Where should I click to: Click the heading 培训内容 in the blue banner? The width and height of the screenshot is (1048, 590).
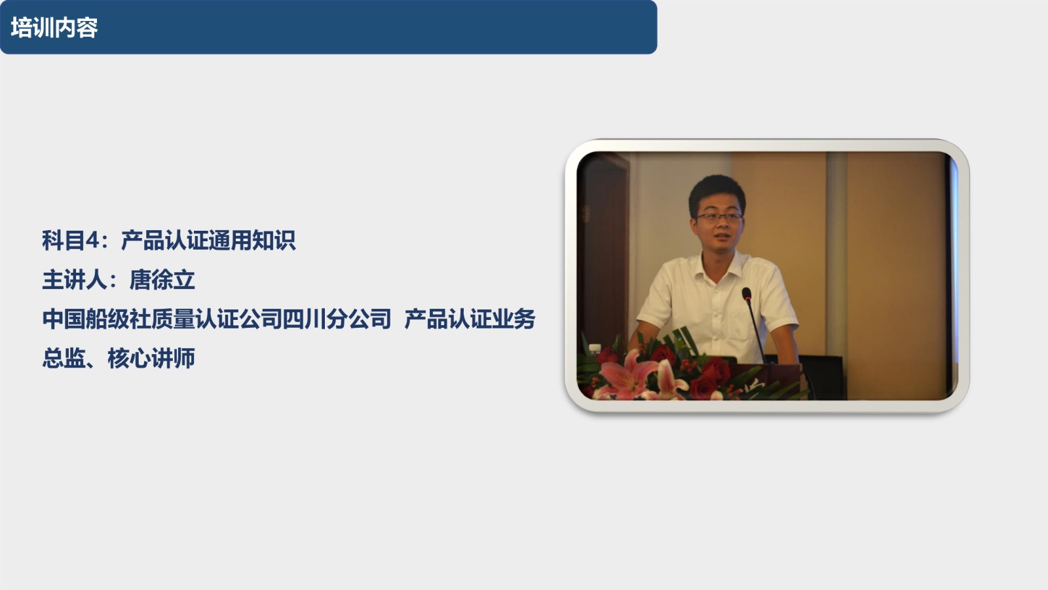point(54,28)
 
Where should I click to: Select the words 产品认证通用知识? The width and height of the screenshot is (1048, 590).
point(208,241)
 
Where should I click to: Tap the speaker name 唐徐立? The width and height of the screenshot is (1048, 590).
point(162,280)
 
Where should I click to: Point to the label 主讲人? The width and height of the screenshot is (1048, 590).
point(75,280)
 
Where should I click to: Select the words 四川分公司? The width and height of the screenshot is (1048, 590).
point(337,319)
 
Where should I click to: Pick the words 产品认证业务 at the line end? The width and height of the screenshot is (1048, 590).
point(470,319)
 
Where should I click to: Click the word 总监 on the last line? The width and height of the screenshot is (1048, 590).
point(64,359)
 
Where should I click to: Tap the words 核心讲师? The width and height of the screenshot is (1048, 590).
point(151,359)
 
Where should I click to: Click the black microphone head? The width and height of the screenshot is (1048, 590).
point(746,294)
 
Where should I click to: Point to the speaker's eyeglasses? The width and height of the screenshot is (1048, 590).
point(719,217)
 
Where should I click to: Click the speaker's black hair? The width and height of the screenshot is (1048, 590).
point(717,192)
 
